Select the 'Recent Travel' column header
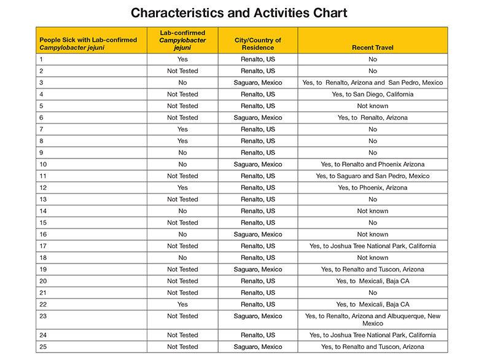[x=372, y=47]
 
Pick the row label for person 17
[x=42, y=246]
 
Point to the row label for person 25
[x=42, y=347]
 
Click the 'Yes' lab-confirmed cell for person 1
[x=182, y=60]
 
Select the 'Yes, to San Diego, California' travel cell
[x=372, y=95]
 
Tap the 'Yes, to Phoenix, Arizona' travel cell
[x=372, y=188]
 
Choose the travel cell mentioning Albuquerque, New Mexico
[x=372, y=319]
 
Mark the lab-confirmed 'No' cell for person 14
[x=182, y=211]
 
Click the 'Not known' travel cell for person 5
[x=372, y=106]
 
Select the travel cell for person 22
[x=372, y=305]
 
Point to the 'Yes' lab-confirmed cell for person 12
[x=182, y=188]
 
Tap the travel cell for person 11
[x=372, y=176]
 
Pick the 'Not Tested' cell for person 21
[x=182, y=293]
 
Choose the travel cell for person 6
[x=372, y=118]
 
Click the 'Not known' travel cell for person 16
[x=372, y=235]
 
